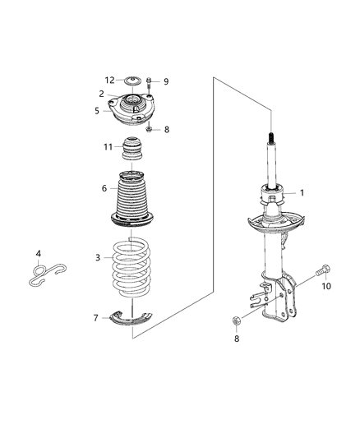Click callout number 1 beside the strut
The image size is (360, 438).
click(x=301, y=193)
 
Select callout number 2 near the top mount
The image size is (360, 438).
click(x=101, y=94)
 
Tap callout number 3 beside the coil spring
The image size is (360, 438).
click(x=98, y=257)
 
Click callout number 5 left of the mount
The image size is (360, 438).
click(x=97, y=111)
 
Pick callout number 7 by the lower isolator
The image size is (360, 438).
click(x=96, y=317)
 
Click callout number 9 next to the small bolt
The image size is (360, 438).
click(x=165, y=81)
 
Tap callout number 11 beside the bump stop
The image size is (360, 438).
click(x=108, y=147)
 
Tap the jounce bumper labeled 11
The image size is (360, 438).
click(x=132, y=152)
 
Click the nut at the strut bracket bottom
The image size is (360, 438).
click(x=238, y=321)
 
